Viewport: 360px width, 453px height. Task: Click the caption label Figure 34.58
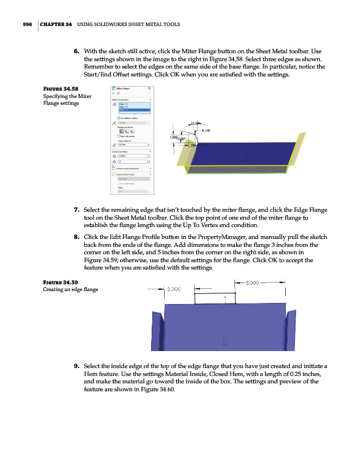click(x=61, y=89)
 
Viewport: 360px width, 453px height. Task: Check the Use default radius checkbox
click(x=114, y=117)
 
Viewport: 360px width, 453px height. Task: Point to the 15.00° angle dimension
click(x=195, y=123)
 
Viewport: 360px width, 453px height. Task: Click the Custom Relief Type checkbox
click(x=113, y=174)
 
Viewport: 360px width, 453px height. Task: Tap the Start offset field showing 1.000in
click(x=131, y=157)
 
